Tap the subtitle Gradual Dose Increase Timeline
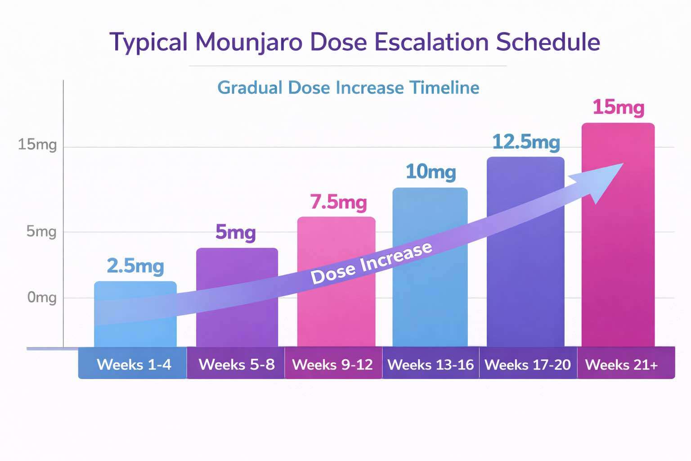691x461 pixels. pos(348,87)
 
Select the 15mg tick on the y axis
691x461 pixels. pos(37,145)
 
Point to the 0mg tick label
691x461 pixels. pos(41,298)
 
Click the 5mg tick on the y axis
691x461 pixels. pos(41,231)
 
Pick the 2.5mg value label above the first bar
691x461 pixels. pos(135,266)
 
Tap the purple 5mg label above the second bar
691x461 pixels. pos(235,232)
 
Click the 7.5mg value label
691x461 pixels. pos(338,202)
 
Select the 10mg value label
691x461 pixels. pos(431,172)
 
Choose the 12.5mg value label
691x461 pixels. pos(525,142)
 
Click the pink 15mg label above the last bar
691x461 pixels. pos(618,108)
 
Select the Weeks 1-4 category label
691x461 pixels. pos(134,364)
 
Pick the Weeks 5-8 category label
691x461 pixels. pos(237,364)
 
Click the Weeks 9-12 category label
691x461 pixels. pos(332,364)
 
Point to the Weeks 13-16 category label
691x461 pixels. pos(431,364)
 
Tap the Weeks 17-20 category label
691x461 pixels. pos(527,364)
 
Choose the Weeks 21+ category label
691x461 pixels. pos(621,364)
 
